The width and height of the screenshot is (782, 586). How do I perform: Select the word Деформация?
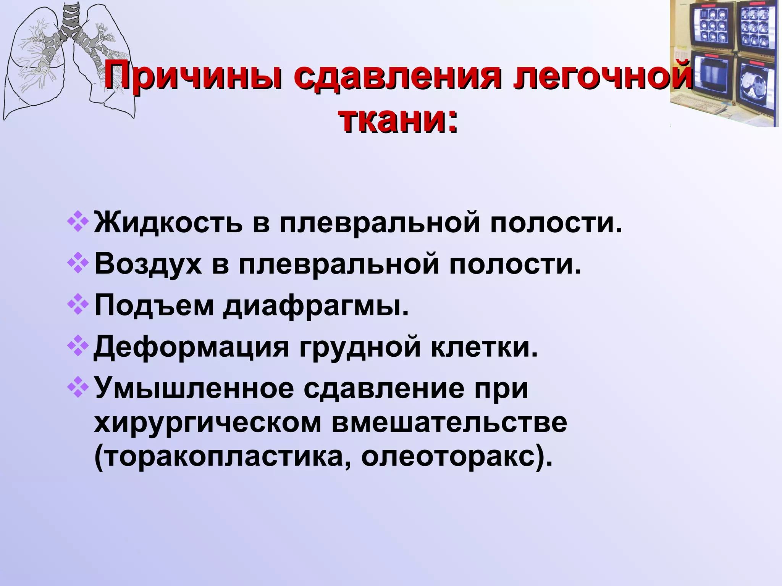coord(191,348)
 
